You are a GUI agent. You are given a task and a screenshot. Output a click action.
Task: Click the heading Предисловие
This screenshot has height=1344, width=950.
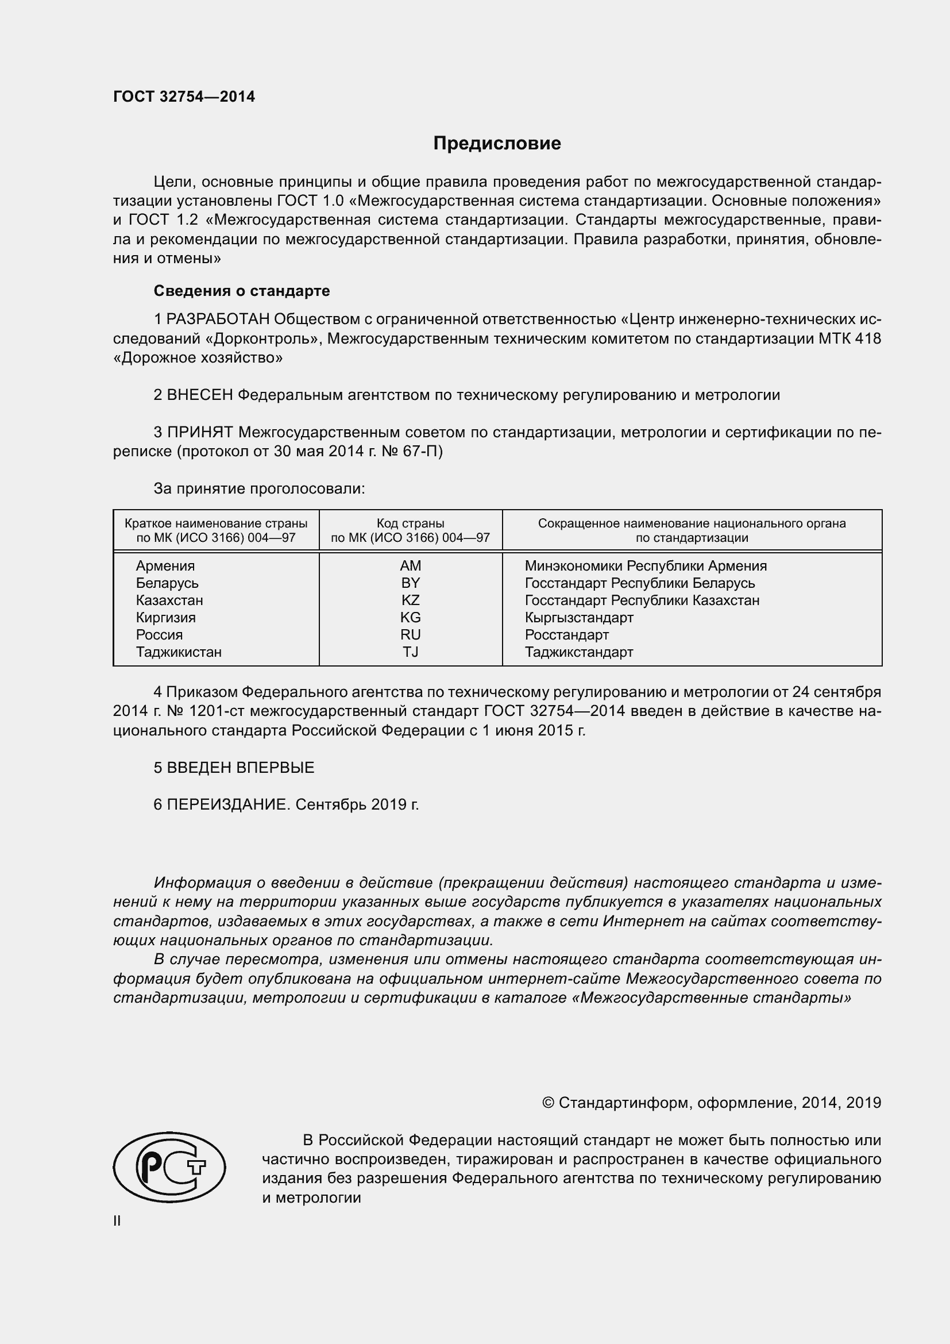coord(497,144)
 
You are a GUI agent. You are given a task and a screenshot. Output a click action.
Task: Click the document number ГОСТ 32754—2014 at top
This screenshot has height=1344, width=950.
coord(184,97)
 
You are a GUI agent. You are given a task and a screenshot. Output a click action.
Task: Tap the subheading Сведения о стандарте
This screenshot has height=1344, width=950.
coord(242,291)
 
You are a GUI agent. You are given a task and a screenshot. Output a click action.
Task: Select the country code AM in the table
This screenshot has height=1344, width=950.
coord(410,566)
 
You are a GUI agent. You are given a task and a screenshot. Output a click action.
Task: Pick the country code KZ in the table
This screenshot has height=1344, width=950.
coord(410,600)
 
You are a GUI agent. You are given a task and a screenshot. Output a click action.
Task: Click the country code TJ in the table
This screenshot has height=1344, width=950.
coord(410,652)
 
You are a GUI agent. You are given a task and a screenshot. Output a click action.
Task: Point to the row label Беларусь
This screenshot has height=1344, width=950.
coord(167,584)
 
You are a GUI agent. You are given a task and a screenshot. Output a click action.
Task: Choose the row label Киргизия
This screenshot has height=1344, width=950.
coord(165,618)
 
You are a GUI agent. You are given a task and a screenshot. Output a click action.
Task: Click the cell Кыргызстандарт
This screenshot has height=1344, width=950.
coord(578,618)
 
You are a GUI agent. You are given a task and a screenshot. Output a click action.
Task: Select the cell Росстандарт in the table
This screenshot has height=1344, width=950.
coord(566,635)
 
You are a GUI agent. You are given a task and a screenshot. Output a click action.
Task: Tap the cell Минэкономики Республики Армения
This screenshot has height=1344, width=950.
coord(645,566)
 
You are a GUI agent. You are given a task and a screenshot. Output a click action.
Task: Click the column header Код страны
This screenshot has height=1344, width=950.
coord(410,524)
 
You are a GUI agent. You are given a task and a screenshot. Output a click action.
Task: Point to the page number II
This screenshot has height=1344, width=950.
coord(117,1221)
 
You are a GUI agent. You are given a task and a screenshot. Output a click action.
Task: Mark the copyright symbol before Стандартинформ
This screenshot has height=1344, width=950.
coord(548,1103)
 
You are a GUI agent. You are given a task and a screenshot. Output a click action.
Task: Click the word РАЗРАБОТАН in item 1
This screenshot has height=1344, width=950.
coord(218,319)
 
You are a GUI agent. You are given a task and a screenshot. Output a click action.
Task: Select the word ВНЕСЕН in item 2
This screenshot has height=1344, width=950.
coord(200,395)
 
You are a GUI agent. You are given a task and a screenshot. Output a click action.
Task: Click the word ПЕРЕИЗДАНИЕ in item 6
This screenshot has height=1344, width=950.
coord(228,805)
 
